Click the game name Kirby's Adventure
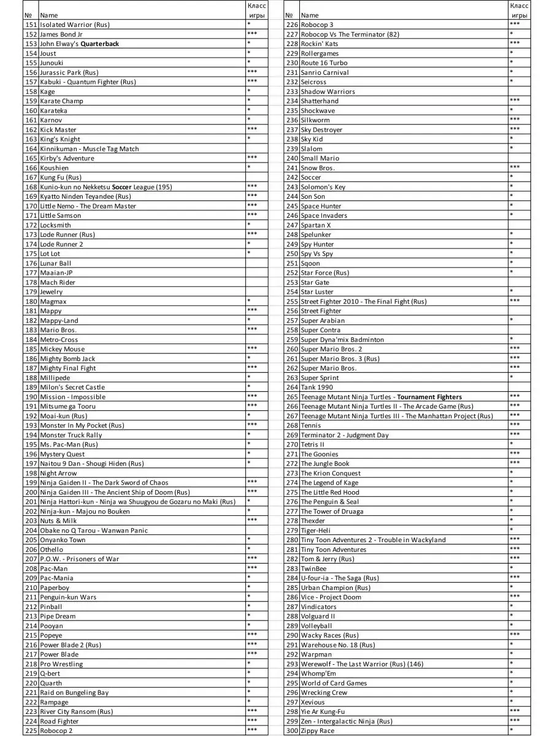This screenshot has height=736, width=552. (67, 158)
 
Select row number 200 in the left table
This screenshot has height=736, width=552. (31, 492)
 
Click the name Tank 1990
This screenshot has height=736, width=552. (316, 387)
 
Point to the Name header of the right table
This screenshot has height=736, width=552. (310, 15)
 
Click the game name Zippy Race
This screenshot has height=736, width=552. (318, 730)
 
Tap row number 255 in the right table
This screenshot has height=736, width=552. (292, 301)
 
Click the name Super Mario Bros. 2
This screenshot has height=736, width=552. (331, 349)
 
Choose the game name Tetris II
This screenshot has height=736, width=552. (313, 445)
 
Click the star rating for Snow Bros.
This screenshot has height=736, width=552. (515, 167)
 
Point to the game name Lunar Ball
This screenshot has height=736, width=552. (55, 263)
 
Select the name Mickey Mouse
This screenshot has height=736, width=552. (63, 349)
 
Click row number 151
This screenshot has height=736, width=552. (31, 25)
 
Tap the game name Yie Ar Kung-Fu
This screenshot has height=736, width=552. (323, 711)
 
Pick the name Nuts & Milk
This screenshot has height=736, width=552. (58, 521)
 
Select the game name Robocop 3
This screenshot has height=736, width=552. (317, 25)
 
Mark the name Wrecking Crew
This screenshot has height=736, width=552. (324, 692)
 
